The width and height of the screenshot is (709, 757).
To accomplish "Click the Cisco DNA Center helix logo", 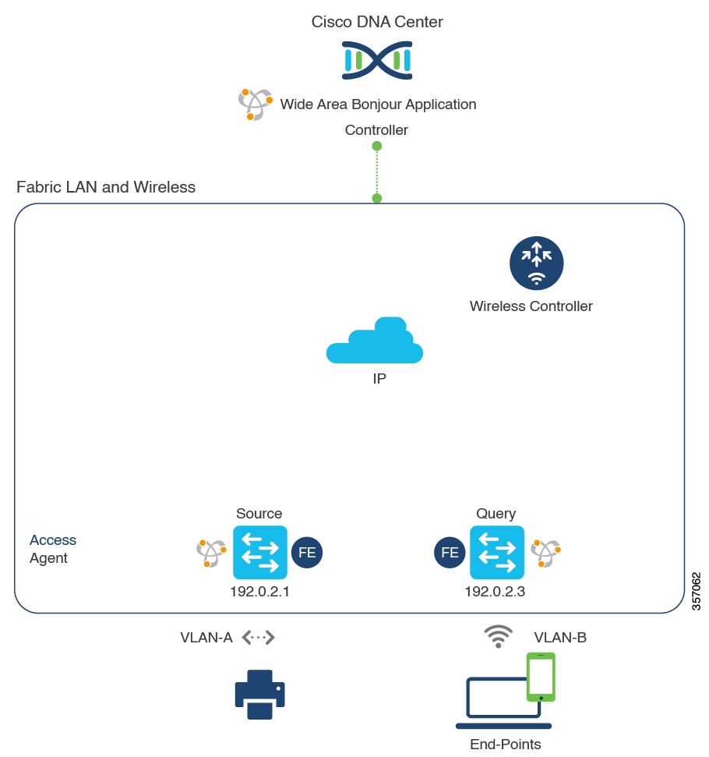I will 377,61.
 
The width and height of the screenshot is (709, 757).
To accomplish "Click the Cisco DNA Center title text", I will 377,22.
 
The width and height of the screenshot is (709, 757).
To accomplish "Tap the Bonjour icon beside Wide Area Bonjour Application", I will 255,104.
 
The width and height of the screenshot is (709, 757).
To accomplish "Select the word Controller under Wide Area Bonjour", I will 376,130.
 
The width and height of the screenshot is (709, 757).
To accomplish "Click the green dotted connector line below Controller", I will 377,172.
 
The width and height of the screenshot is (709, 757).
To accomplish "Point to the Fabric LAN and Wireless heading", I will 106,187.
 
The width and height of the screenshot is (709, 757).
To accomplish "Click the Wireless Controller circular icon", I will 536,264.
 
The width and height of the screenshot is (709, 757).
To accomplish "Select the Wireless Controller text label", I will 531,306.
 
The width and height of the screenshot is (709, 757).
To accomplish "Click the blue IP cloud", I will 376,342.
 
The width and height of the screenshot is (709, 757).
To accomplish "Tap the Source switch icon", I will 259,552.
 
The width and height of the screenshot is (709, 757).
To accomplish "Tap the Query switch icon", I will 496,552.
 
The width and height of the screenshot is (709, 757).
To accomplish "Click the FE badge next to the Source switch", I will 307,553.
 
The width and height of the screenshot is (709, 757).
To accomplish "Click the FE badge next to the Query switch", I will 450,553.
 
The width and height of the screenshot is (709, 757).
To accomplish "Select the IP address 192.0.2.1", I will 259,591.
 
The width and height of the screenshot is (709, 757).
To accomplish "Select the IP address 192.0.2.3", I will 495,591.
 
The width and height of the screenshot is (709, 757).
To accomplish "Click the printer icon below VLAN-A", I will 259,694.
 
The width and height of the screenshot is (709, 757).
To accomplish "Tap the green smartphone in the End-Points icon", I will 541,676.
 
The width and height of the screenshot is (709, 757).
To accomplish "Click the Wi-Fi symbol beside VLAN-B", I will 498,636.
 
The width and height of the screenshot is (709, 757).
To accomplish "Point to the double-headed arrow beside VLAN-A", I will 259,638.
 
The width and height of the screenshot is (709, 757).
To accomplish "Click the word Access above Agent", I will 53,540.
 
